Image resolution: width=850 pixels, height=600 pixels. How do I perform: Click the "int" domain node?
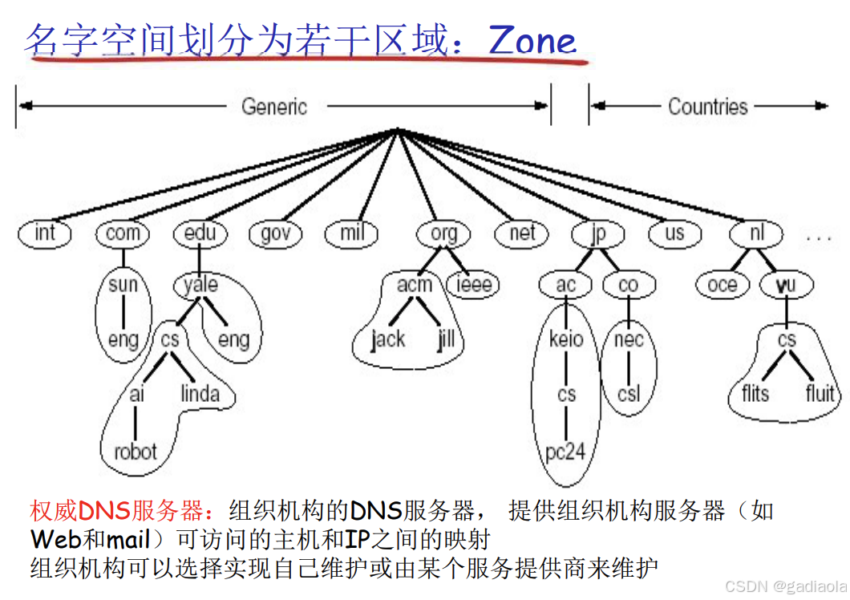[x=45, y=233]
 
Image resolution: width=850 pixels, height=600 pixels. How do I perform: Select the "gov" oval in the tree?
[x=276, y=233]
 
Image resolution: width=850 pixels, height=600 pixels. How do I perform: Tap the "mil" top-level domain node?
[x=351, y=233]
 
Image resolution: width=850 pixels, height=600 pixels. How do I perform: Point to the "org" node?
[x=443, y=233]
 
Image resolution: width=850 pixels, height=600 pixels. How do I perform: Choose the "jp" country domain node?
[x=597, y=233]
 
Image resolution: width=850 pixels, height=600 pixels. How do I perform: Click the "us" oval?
[x=674, y=233]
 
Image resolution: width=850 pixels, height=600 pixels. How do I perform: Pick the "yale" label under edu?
[x=200, y=284]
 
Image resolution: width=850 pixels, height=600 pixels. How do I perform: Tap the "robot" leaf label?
[x=136, y=452]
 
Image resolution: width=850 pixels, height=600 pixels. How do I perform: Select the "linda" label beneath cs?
[x=200, y=394]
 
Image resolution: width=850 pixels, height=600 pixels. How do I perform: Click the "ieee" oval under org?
[x=474, y=285]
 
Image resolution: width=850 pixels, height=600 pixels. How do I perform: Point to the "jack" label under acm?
[x=388, y=339]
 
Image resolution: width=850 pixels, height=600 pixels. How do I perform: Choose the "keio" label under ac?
[x=566, y=339]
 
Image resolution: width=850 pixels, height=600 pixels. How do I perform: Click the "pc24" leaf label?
[x=565, y=452]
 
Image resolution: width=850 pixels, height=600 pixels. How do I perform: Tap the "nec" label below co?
[x=629, y=339]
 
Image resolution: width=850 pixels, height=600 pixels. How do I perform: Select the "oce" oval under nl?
[x=722, y=285]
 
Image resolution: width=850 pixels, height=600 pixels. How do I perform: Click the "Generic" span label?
[x=274, y=107]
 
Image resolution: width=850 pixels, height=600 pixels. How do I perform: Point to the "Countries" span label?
[x=707, y=107]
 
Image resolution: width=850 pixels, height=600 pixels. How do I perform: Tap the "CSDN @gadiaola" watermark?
[x=785, y=587]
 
